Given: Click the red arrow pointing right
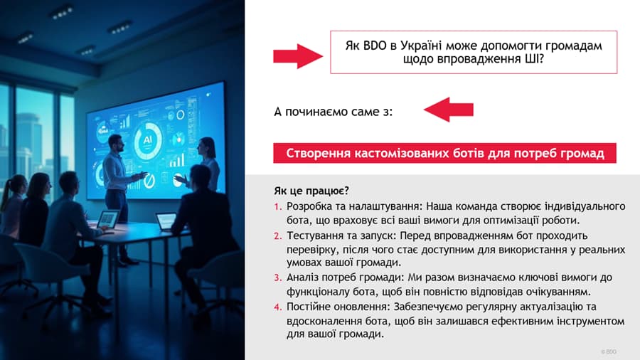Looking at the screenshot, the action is [298, 56].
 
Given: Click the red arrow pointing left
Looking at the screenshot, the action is [449, 110].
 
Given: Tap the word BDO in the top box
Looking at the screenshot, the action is [374, 46].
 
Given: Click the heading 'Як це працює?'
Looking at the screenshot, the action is [311, 191].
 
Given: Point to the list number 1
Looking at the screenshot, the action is [278, 206].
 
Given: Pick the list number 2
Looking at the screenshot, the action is [278, 236].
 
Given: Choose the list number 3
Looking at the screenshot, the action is [278, 277].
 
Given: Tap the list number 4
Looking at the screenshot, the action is [278, 307].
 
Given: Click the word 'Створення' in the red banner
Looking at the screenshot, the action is [318, 154].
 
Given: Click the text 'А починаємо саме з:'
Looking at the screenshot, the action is [333, 112].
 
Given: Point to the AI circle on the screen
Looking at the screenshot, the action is [147, 140].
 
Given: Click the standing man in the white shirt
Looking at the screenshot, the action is [118, 192].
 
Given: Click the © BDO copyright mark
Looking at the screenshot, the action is [608, 351].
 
